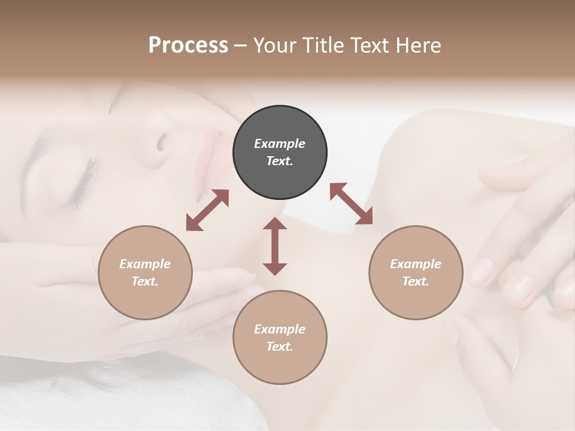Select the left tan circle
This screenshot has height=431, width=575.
click(145, 272)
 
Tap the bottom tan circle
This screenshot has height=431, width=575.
click(280, 337)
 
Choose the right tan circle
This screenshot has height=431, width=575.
click(416, 272)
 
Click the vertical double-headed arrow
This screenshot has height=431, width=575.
click(275, 246)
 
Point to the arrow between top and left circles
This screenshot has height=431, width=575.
click(207, 210)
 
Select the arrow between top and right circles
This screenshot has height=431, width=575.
click(352, 204)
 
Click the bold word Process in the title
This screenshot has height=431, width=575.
click(188, 45)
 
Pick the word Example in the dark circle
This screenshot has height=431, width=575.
click(280, 144)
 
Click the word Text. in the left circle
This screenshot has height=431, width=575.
click(145, 281)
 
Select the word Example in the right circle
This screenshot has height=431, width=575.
click(416, 264)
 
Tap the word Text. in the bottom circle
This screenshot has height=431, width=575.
click(280, 347)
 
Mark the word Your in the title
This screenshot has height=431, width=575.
click(276, 45)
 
